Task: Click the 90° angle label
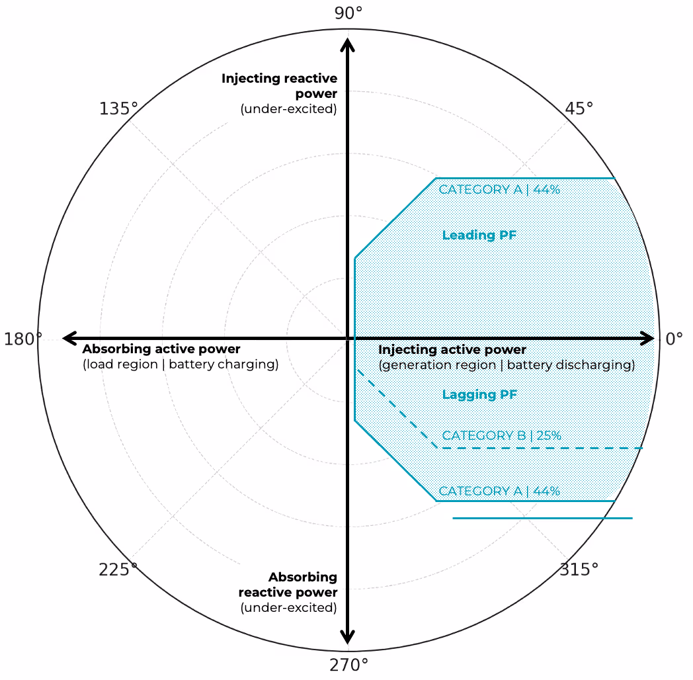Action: click(348, 13)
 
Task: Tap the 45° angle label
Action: click(579, 108)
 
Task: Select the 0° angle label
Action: click(674, 339)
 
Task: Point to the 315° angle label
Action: click(579, 570)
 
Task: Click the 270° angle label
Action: click(348, 665)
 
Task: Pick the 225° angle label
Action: click(118, 570)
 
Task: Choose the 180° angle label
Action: click(23, 339)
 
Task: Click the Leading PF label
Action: click(479, 235)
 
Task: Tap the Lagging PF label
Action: click(479, 395)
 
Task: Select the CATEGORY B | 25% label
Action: click(501, 436)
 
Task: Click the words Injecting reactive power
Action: click(280, 86)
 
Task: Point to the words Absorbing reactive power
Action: click(288, 585)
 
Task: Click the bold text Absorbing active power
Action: click(161, 349)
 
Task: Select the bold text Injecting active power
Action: click(452, 350)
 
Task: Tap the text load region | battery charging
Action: click(181, 364)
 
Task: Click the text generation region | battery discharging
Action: click(507, 365)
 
